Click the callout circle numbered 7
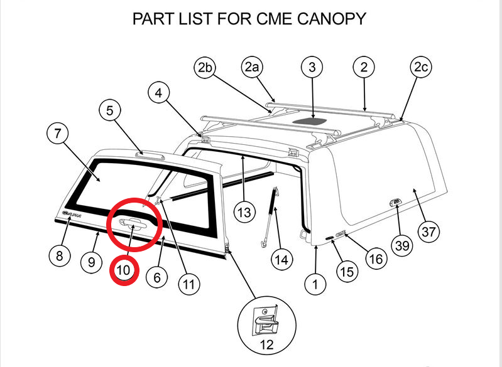point(58,134)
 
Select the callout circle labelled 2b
point(204,67)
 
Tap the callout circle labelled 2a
point(252,67)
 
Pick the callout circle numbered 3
point(312,67)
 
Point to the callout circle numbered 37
point(428,231)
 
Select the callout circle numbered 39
point(400,245)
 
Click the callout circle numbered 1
point(315,284)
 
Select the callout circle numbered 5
point(111,112)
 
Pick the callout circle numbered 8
point(60,255)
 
